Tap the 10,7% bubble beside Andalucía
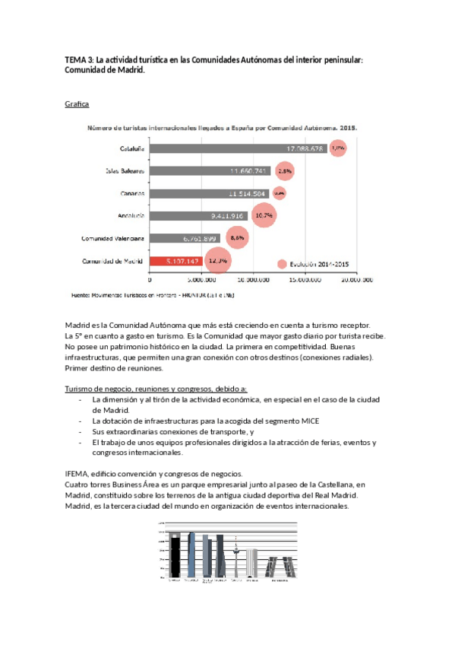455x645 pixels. click(264, 216)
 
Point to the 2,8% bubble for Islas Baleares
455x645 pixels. click(286, 172)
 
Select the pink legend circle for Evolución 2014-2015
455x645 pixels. click(283, 264)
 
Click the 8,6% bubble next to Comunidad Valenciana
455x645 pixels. click(237, 238)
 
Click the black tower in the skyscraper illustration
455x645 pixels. click(174, 556)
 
